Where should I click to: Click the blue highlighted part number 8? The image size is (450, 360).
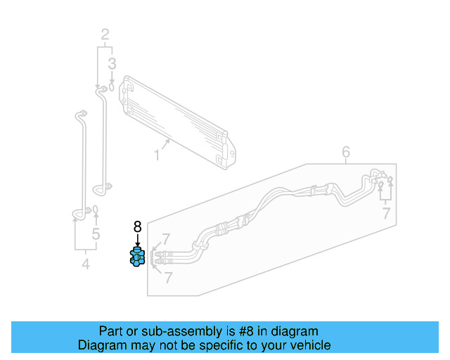137,257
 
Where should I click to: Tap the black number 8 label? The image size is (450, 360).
137,226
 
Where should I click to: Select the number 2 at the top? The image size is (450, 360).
105,34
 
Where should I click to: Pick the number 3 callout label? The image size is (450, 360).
111,65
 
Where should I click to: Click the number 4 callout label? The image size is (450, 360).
86,264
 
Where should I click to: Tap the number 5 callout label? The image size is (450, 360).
96,234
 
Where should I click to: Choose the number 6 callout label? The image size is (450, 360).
346,152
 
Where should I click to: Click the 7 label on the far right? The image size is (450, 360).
385,214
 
